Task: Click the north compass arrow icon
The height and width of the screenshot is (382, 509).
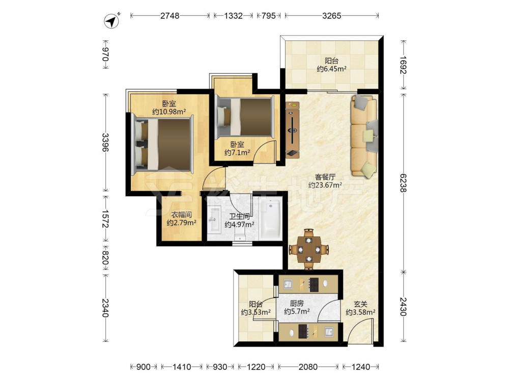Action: click(x=111, y=21)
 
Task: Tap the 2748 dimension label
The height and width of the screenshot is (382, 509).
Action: click(x=170, y=16)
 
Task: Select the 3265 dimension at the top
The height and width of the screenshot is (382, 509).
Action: click(x=331, y=16)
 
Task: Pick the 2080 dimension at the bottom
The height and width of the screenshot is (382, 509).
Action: click(x=308, y=367)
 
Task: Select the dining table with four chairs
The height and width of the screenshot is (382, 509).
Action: click(x=309, y=250)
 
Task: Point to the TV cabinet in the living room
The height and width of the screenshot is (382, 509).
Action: click(x=293, y=129)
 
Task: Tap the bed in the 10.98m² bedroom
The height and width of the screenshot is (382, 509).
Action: click(x=163, y=144)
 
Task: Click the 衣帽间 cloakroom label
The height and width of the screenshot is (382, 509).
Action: click(x=181, y=215)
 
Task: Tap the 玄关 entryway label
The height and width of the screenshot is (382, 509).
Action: click(x=360, y=305)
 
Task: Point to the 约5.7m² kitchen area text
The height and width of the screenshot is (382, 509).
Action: click(x=297, y=311)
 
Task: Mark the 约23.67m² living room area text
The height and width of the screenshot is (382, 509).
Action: click(x=325, y=185)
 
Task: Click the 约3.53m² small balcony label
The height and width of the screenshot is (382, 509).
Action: click(x=256, y=312)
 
